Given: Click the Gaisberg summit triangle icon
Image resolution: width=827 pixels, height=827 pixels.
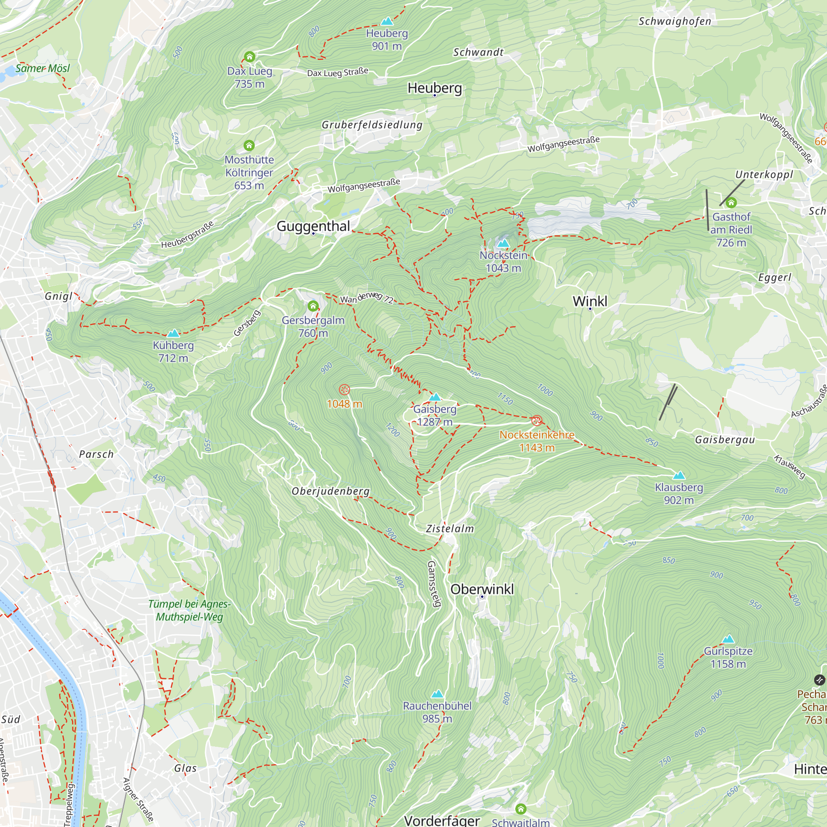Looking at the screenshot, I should (x=435, y=397).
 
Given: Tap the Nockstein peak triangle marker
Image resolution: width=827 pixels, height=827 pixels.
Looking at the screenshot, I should (x=503, y=243).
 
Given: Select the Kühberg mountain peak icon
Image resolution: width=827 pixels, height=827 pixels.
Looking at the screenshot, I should (x=173, y=333).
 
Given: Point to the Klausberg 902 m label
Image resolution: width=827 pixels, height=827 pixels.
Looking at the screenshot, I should (x=679, y=494).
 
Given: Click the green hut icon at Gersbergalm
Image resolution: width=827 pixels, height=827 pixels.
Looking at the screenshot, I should (x=313, y=306).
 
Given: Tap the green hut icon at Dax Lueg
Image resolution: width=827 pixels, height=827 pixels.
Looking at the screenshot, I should (x=250, y=57).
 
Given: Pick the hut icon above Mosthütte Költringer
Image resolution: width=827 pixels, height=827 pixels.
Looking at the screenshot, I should (x=249, y=146).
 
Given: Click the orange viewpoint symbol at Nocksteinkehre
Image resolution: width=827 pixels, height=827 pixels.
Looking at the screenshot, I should (x=536, y=421).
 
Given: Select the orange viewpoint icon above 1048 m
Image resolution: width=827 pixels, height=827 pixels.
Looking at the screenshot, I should (x=344, y=390).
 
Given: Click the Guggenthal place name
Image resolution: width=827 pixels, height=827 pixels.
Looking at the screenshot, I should (x=313, y=226).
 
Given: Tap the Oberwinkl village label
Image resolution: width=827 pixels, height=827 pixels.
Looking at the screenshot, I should (x=482, y=589).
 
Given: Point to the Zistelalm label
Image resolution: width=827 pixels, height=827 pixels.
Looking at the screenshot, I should (x=450, y=528).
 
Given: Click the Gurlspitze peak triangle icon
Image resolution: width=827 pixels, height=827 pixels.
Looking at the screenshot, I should (x=728, y=640).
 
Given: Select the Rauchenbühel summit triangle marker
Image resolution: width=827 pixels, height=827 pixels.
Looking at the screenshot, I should (x=437, y=694).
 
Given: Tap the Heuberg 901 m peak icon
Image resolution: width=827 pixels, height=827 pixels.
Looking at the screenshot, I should (x=387, y=21).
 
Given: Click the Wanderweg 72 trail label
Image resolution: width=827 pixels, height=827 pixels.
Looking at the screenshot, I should (x=366, y=297).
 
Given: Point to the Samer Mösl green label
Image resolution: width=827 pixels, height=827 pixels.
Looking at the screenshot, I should (x=42, y=68).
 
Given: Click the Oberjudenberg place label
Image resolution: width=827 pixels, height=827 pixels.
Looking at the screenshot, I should (x=330, y=491).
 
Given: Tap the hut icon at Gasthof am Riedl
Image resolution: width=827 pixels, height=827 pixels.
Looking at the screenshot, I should (x=731, y=203).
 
